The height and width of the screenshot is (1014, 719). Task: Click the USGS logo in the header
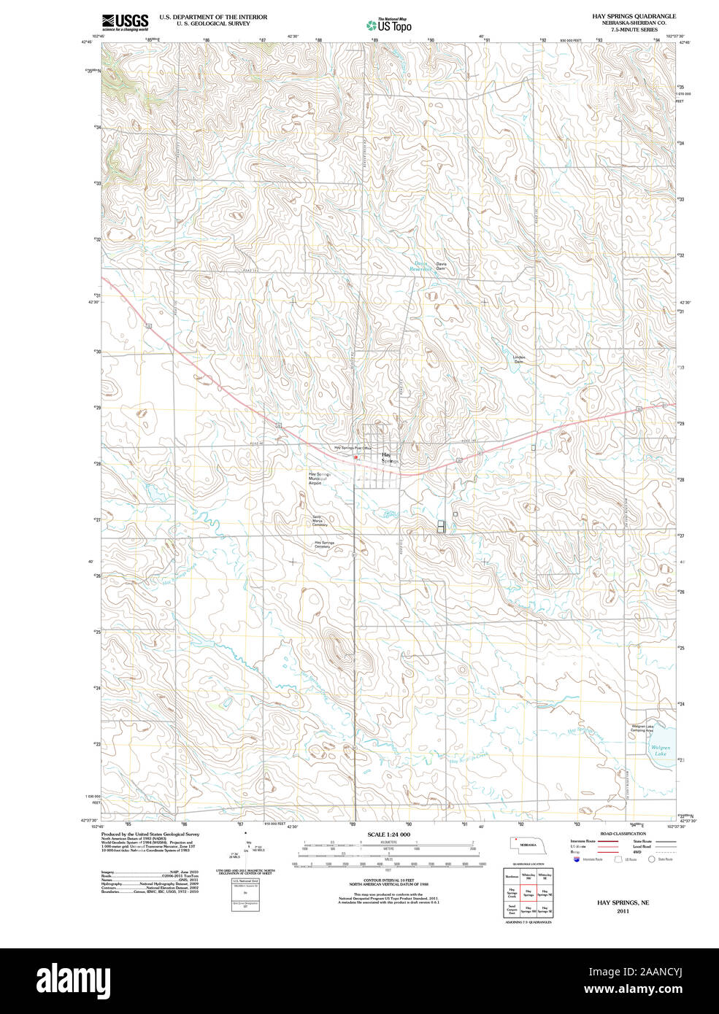(x=125, y=22)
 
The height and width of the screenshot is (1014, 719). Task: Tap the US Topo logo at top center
(x=389, y=26)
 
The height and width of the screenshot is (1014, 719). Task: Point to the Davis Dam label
(x=440, y=266)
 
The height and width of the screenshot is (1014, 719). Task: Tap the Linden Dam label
(x=518, y=360)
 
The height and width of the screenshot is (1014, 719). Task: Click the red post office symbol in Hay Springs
(x=355, y=457)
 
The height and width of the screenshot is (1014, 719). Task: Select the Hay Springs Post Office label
(x=353, y=448)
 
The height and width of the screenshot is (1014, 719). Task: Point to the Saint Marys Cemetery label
(x=320, y=521)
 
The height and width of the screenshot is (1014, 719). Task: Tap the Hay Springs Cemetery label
(x=324, y=544)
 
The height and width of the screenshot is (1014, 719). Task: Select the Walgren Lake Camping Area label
(x=642, y=728)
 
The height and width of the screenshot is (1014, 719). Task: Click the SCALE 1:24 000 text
(x=388, y=835)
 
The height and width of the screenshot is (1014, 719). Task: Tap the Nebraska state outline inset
(x=524, y=844)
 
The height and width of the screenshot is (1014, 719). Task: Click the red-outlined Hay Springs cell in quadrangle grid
(x=528, y=892)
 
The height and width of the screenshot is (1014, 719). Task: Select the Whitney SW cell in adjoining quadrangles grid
(x=528, y=875)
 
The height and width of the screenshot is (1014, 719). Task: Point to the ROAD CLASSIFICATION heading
(x=623, y=834)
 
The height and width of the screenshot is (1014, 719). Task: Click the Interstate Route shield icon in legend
(x=577, y=859)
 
